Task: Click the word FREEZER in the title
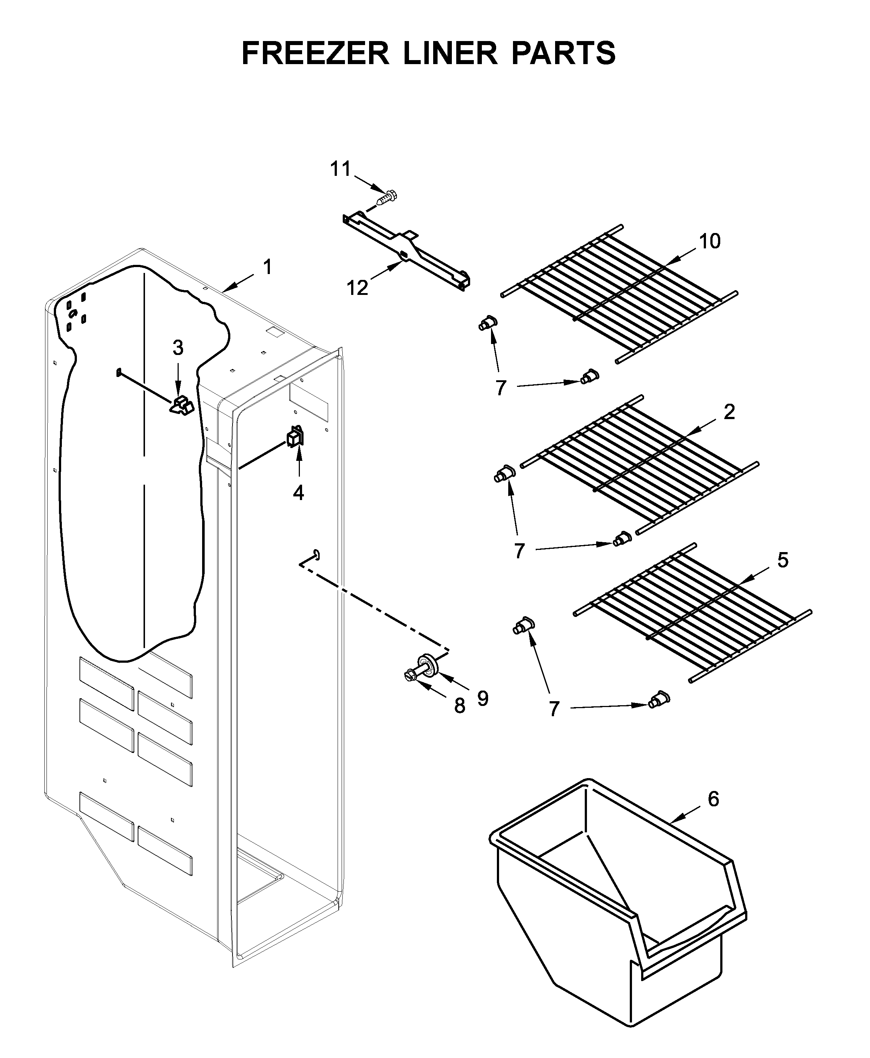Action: pos(315,53)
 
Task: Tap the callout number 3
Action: pos(178,348)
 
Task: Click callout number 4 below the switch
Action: pos(298,493)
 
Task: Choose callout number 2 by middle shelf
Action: pos(729,412)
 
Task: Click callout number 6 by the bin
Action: pos(713,798)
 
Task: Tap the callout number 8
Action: pos(460,706)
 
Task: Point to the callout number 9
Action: pos(483,698)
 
